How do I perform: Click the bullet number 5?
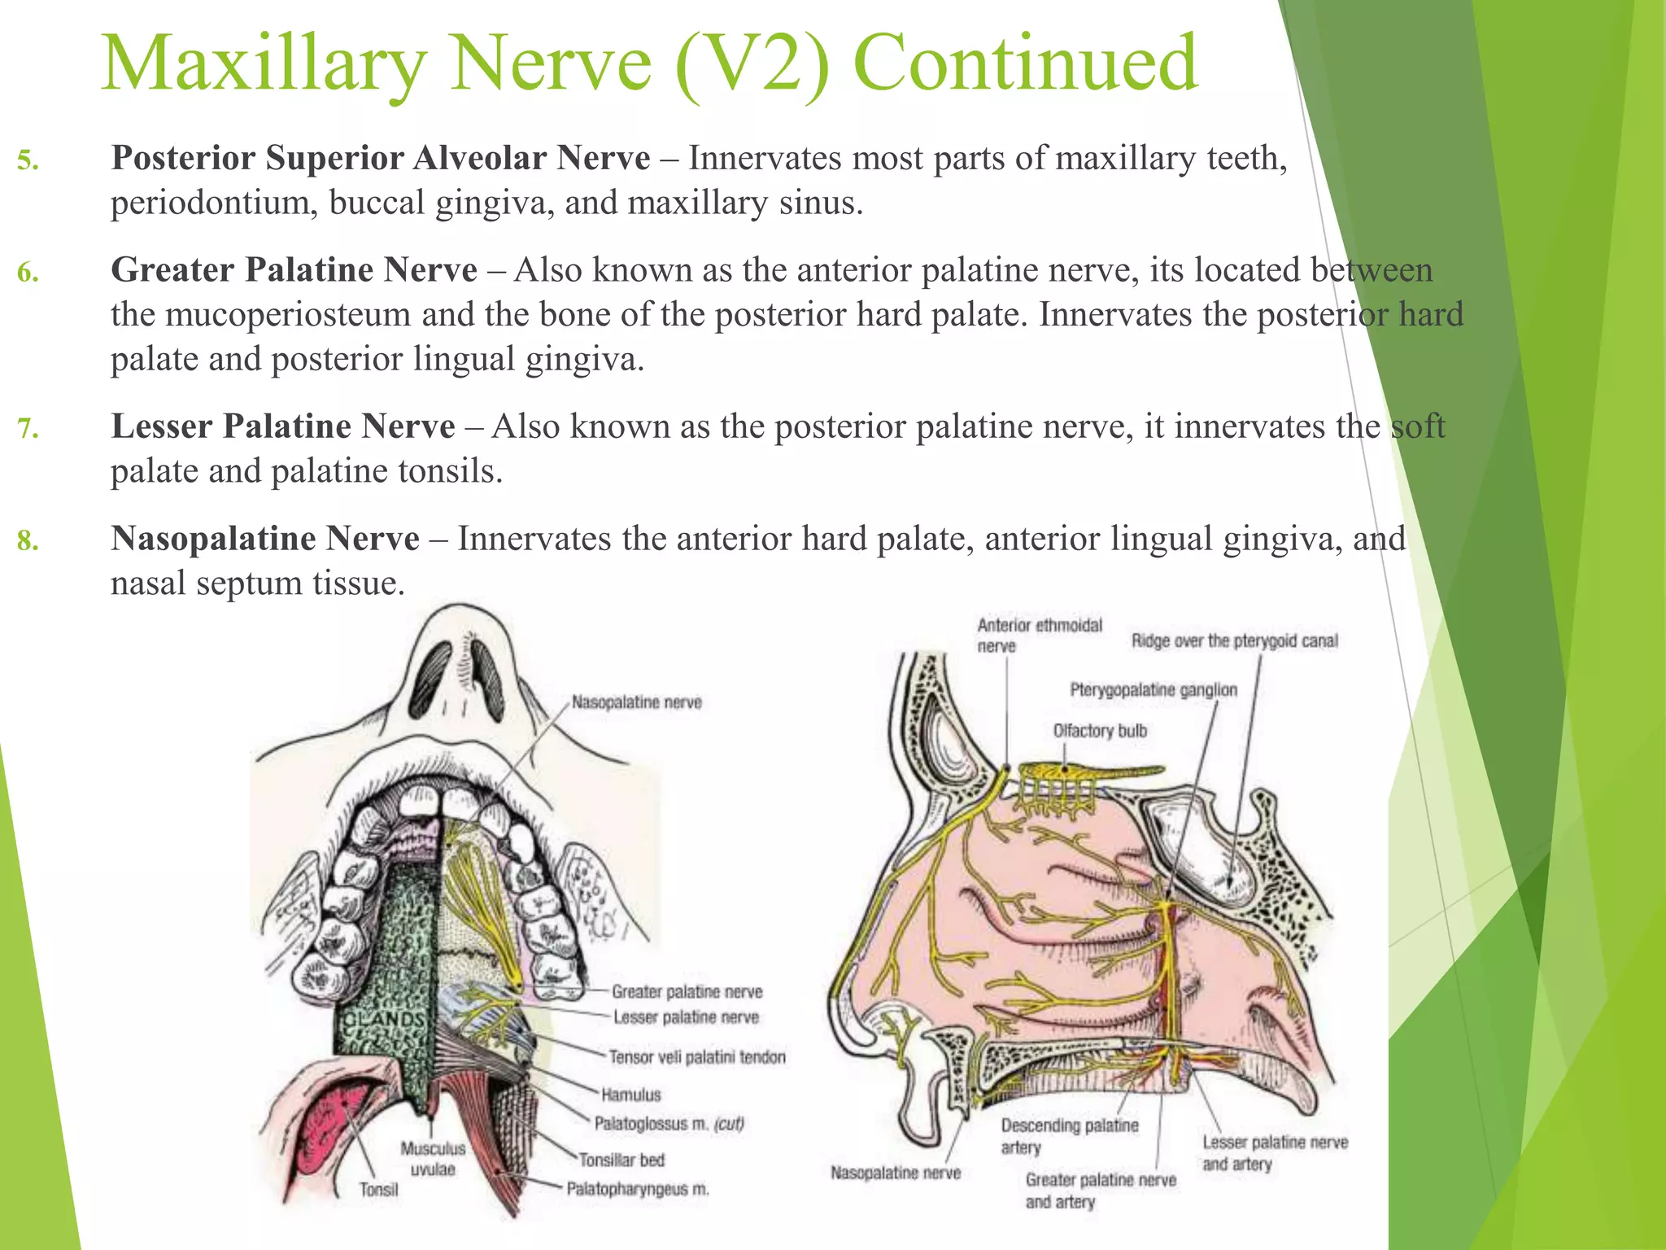[28, 160]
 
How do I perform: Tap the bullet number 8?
[28, 540]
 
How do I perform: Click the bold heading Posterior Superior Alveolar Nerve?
[380, 158]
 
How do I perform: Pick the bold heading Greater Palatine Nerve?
[294, 270]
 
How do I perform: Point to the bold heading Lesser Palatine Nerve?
[282, 426]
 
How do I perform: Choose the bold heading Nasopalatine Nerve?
[265, 539]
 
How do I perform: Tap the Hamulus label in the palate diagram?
[631, 1095]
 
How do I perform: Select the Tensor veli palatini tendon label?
[697, 1057]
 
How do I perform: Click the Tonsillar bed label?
[621, 1160]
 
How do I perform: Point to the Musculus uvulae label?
[433, 1159]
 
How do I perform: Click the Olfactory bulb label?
[1100, 731]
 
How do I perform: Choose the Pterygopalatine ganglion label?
[1154, 690]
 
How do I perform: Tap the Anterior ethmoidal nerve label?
[1039, 636]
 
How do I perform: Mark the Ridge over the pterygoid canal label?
[1234, 641]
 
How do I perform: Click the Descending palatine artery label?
[1069, 1136]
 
